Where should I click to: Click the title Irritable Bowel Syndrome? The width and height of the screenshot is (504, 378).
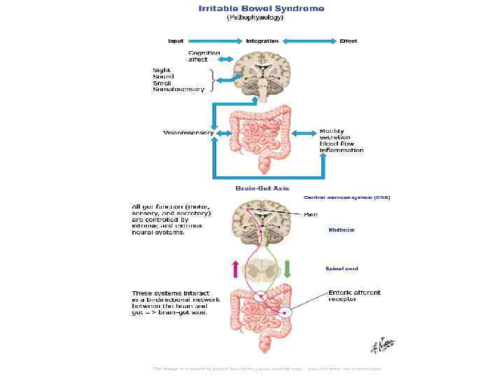(261, 8)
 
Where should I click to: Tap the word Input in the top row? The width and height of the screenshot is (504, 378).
(176, 41)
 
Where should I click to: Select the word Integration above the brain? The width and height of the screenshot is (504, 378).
(262, 41)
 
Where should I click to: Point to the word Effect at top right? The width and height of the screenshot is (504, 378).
(348, 41)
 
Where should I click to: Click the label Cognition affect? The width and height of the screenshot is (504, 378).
(204, 56)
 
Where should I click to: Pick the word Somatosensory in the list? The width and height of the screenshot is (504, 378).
(178, 90)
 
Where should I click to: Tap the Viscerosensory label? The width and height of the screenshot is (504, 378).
(188, 133)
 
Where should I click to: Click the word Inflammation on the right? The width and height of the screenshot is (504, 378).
(342, 150)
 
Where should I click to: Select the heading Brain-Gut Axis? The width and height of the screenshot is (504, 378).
(262, 188)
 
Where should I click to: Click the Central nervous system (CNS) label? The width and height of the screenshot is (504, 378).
(346, 197)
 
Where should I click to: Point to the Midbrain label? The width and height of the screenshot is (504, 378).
(342, 230)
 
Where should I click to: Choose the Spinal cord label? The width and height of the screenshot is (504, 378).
(342, 268)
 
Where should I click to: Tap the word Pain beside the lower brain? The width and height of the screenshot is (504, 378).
(311, 214)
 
